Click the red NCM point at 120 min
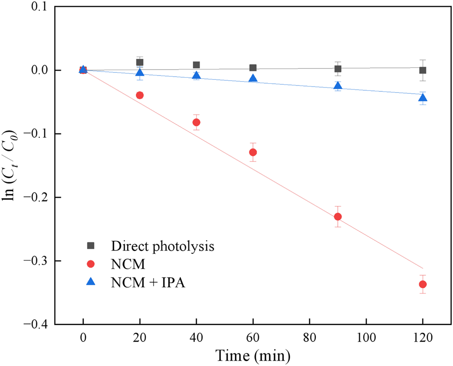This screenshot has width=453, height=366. pos(423,284)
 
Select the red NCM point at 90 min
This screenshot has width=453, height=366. pos(338,217)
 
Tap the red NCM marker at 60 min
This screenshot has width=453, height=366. pos(253,152)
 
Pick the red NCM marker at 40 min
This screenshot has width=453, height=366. pos(196,122)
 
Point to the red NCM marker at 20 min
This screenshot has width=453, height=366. pos(140,95)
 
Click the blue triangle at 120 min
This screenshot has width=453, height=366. pos(423,98)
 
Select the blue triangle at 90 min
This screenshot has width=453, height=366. pos(338,86)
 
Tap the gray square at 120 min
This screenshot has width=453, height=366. pos(423,70)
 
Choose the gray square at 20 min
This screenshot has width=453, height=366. pos(140,62)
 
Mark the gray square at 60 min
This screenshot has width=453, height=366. pos(253,68)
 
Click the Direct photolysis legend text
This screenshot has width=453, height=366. pos(162,246)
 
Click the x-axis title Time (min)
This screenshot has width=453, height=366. pos(253,357)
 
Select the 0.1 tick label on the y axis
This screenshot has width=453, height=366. pos(39,7)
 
